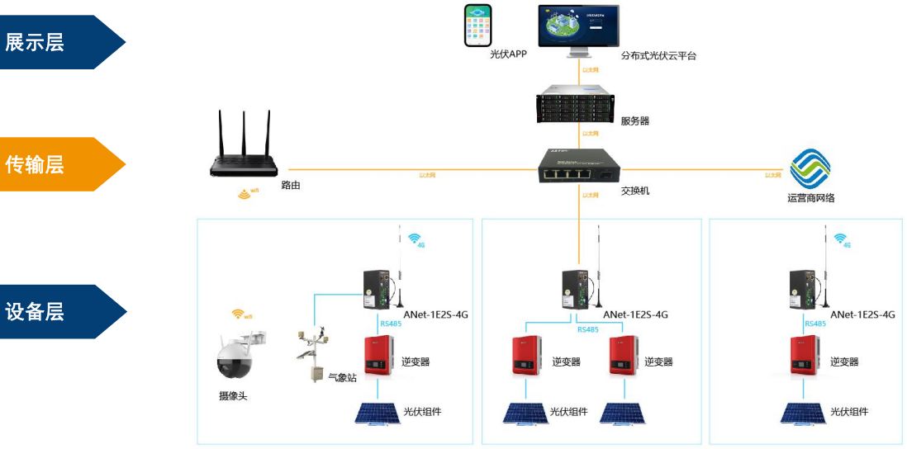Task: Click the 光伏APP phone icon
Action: tap(477, 26)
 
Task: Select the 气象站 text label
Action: tap(342, 378)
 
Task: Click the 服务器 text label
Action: tap(634, 121)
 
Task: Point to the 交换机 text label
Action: tap(634, 191)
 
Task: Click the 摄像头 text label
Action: tap(233, 397)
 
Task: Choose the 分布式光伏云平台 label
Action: tap(658, 56)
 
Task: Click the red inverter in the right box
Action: tap(805, 356)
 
